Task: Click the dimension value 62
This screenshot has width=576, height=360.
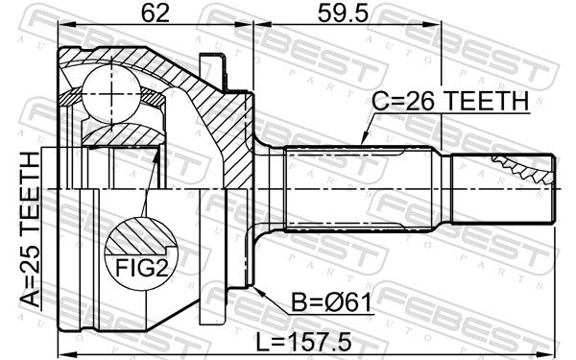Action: point(156,14)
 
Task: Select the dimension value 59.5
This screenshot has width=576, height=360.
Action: point(343,14)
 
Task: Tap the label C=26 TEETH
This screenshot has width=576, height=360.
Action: point(450,102)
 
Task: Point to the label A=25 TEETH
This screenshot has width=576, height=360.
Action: point(30,229)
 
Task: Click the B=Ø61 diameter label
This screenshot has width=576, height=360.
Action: point(331,302)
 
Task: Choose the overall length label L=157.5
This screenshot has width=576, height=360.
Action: point(303,342)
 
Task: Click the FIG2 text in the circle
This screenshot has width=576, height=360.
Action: point(142,268)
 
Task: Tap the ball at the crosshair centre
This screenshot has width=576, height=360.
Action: point(111,94)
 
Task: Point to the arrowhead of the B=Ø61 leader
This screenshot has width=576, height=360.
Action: point(257,291)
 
